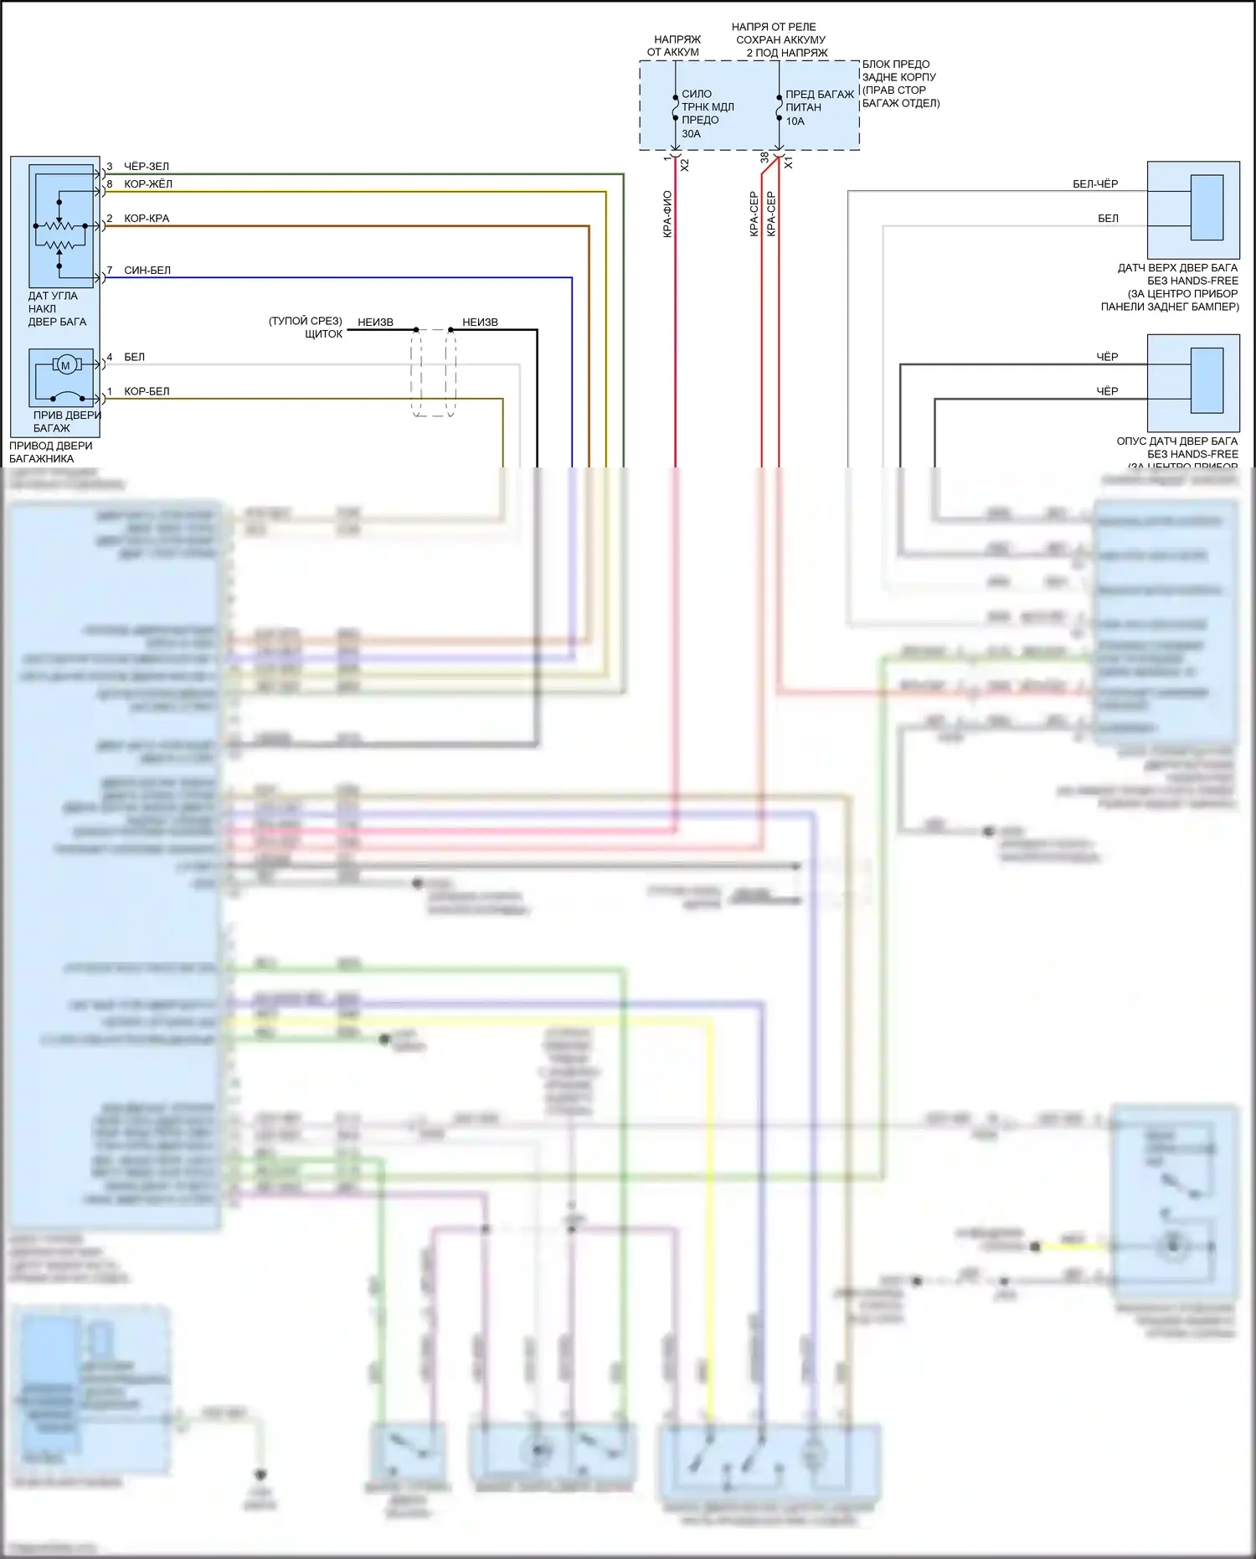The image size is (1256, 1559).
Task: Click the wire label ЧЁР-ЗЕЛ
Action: [x=147, y=167]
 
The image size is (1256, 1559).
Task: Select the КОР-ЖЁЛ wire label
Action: [x=148, y=184]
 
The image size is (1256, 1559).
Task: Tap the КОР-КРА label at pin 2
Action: [x=147, y=219]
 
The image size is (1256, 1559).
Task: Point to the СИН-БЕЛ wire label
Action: [x=147, y=271]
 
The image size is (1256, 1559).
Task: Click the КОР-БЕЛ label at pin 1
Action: [x=147, y=391]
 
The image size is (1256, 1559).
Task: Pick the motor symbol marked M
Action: [x=65, y=365]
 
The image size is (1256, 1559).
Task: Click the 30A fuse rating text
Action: [x=691, y=134]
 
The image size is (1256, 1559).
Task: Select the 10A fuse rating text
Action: [x=795, y=121]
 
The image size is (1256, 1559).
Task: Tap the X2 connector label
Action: [x=685, y=165]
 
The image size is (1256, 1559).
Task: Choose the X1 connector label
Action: [x=788, y=163]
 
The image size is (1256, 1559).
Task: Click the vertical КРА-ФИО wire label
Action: [x=667, y=214]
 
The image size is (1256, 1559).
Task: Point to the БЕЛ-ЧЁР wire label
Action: [x=1095, y=184]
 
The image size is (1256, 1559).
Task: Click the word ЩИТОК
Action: [x=323, y=334]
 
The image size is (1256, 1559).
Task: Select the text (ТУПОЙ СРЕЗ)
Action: [x=306, y=321]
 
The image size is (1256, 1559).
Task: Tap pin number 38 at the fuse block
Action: [x=764, y=157]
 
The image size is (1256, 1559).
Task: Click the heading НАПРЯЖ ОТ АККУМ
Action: [x=674, y=45]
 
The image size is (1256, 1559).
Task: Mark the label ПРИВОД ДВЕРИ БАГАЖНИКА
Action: [x=50, y=452]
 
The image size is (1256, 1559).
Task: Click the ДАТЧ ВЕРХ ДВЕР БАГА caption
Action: [x=1176, y=268]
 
